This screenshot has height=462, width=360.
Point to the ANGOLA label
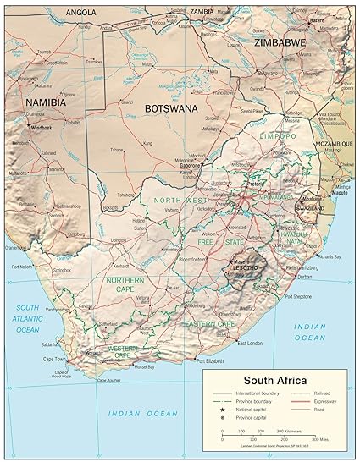click(x=80, y=13)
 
